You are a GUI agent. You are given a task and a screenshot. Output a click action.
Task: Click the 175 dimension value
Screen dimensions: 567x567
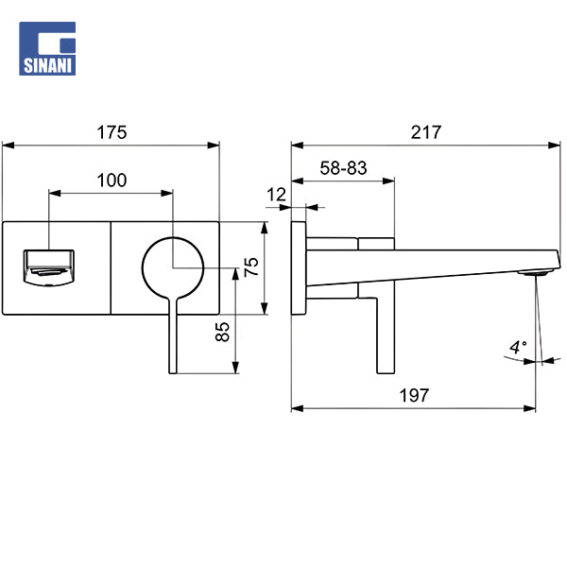point(112,132)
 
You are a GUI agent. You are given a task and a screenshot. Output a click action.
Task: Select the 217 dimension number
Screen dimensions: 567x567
point(426,132)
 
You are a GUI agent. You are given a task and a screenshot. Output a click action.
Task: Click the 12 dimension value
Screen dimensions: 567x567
point(276,195)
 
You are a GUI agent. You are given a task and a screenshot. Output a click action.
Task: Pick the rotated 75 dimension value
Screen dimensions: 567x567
point(251,266)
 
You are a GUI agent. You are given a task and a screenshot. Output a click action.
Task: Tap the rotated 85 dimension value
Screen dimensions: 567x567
point(223,333)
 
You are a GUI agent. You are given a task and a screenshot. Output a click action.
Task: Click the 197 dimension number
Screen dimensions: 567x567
point(413,396)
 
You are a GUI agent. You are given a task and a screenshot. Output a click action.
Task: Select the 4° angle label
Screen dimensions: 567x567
point(517,348)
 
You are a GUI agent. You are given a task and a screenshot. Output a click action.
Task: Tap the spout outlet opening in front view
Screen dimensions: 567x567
point(48,266)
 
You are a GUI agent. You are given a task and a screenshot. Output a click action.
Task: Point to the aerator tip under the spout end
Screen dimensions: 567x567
point(536,273)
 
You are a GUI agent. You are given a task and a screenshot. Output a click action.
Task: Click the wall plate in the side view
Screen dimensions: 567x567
point(300,266)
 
